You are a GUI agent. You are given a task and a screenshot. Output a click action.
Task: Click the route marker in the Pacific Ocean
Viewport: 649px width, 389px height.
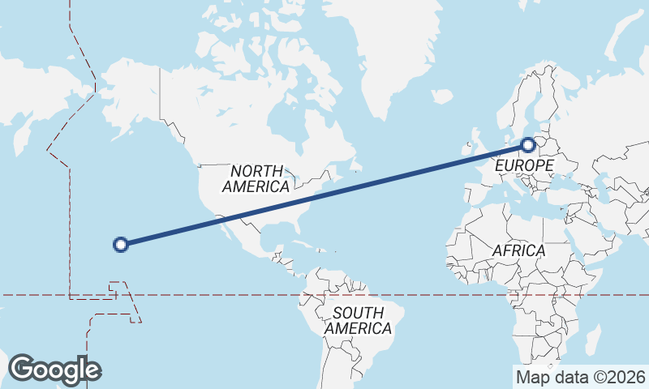pyautogui.click(x=120, y=244)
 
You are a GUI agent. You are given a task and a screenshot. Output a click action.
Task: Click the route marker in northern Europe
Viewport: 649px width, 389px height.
pyautogui.click(x=528, y=145)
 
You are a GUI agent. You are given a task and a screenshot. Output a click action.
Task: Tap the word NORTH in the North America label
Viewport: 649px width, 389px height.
pyautogui.click(x=256, y=171)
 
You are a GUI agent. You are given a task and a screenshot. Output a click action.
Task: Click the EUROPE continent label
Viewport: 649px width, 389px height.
pyautogui.click(x=523, y=166)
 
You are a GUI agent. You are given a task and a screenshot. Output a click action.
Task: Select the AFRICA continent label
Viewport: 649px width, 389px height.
pyautogui.click(x=519, y=250)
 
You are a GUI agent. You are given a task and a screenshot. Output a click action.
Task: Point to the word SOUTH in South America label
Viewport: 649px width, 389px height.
pyautogui.click(x=358, y=313)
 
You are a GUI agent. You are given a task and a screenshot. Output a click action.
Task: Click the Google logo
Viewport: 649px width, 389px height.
pyautogui.click(x=54, y=369)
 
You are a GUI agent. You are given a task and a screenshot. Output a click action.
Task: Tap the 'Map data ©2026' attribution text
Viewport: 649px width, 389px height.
pyautogui.click(x=581, y=377)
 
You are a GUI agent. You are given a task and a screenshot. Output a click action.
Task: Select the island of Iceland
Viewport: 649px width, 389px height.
pyautogui.click(x=442, y=96)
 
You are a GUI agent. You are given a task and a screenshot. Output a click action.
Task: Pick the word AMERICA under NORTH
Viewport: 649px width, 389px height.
pyautogui.click(x=256, y=186)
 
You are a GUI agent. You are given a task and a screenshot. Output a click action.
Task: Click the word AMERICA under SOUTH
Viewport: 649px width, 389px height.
pyautogui.click(x=358, y=328)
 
